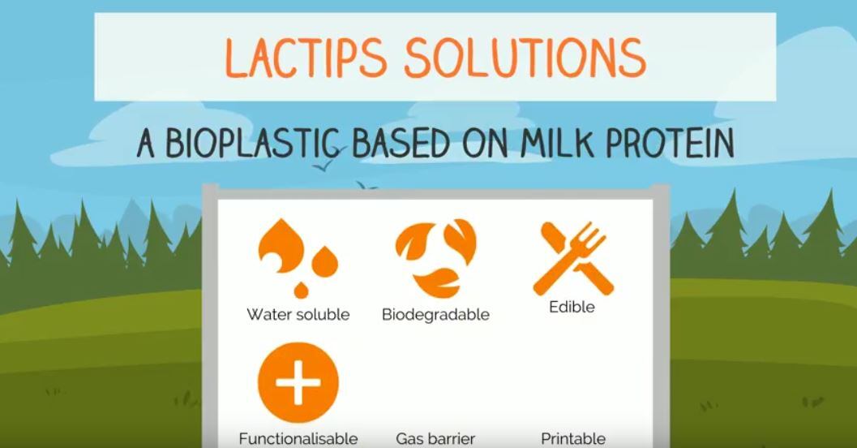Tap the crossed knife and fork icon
572,256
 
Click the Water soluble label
298,314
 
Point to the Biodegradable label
435,315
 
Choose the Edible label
572,308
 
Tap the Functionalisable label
298,439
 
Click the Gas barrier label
435,439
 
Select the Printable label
573,439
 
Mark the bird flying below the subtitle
324,168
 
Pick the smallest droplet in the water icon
301,288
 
